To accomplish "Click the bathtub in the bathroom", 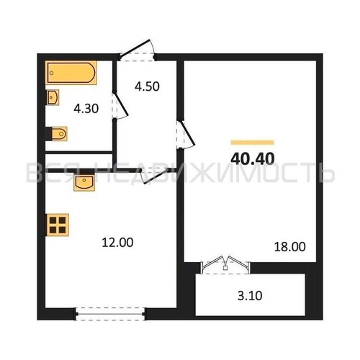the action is (71, 73).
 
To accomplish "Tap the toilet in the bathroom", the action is (59, 133).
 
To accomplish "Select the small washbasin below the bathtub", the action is (53, 97).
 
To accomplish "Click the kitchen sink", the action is (84, 183).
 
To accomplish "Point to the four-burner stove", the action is (58, 225).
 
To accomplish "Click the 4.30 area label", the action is (86, 109).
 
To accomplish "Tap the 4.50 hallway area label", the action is (147, 86).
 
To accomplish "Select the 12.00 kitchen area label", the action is (117, 243).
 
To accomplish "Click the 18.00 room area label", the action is (290, 247).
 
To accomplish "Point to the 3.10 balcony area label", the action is (250, 296).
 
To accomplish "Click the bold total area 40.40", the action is (253, 158).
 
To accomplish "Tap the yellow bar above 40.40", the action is (252, 143).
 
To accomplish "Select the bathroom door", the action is (120, 105).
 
